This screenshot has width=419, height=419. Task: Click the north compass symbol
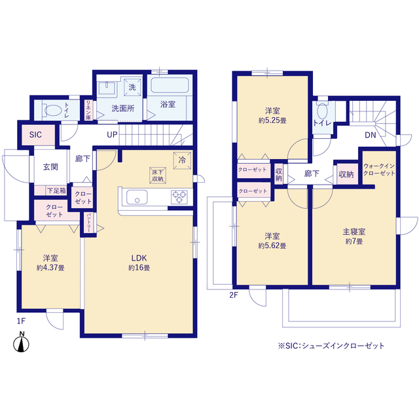[21, 344]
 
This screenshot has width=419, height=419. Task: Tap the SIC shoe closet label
[35, 135]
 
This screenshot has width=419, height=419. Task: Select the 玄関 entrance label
[50, 167]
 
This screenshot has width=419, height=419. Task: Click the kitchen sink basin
[137, 197]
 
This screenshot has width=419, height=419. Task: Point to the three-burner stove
[179, 197]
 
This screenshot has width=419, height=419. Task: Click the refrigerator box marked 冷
[182, 160]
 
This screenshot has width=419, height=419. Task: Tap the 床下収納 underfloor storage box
[158, 175]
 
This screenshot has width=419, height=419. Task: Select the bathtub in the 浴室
[170, 85]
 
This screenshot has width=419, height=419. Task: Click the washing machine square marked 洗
[132, 87]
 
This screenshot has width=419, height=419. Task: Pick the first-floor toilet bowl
[52, 110]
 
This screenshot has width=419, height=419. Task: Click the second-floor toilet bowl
[323, 111]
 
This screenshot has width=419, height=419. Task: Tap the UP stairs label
[112, 135]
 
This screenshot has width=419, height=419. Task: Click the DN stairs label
[371, 136]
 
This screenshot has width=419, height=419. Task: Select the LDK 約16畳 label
[139, 263]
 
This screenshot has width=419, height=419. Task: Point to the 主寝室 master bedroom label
[354, 231]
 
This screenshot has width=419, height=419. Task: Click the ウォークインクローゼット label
[379, 170]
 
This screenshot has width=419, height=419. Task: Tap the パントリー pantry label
[89, 223]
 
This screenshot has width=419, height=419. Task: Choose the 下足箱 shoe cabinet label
[56, 191]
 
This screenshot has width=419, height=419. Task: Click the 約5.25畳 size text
[272, 120]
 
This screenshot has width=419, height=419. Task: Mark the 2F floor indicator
[233, 295]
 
